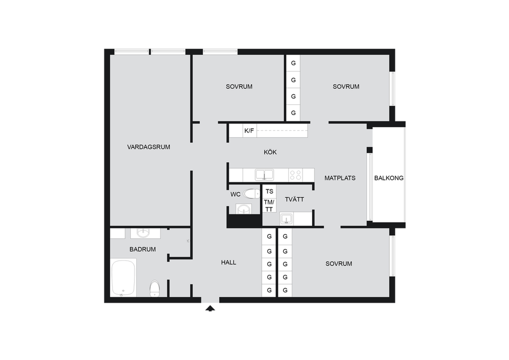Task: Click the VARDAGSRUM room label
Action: [148, 147]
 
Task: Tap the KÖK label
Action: [270, 152]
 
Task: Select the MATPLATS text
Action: [340, 178]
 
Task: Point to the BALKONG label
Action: [389, 178]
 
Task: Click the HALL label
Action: [229, 262]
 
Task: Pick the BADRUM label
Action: [143, 249]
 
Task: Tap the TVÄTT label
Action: [294, 199]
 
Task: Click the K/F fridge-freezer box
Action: [250, 130]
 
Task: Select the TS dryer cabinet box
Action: [269, 191]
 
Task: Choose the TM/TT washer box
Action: [269, 205]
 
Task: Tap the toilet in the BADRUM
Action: [155, 288]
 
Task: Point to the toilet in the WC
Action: [252, 194]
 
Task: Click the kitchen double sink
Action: [264, 174]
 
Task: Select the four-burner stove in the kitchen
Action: [296, 175]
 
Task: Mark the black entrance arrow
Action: [210, 308]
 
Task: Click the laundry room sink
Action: [286, 219]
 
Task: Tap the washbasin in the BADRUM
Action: [143, 233]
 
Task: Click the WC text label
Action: [235, 194]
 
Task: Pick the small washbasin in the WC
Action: [243, 209]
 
